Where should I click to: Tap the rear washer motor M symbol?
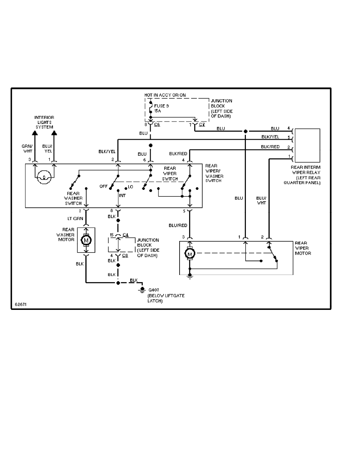click(86, 239)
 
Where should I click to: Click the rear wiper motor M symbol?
click(190, 254)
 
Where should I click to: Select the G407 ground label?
click(152, 290)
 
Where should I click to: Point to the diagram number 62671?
click(20, 304)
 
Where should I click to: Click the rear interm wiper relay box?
click(307, 145)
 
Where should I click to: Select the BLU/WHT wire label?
click(261, 200)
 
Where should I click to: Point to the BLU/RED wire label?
click(178, 226)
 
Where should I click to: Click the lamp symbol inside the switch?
click(44, 178)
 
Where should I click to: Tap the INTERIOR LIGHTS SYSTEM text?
click(44, 122)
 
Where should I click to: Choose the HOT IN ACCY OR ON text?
click(165, 95)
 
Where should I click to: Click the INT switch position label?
click(122, 195)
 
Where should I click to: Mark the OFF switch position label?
click(104, 187)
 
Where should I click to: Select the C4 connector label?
click(125, 235)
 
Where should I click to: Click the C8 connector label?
click(125, 255)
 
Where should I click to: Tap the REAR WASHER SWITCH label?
click(74, 198)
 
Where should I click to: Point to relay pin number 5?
click(288, 137)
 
